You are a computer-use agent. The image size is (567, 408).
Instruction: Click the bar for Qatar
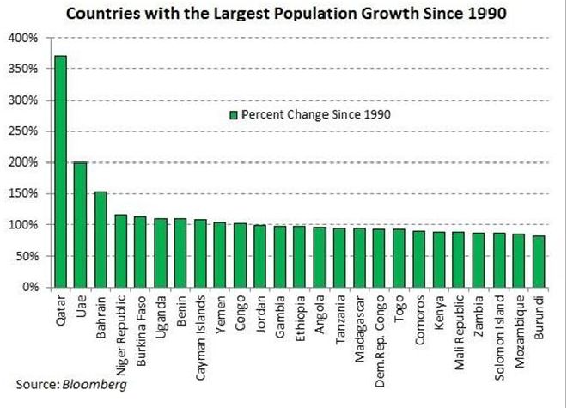pyautogui.click(x=60, y=172)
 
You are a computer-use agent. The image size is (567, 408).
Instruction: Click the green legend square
pyautogui.click(x=232, y=114)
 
